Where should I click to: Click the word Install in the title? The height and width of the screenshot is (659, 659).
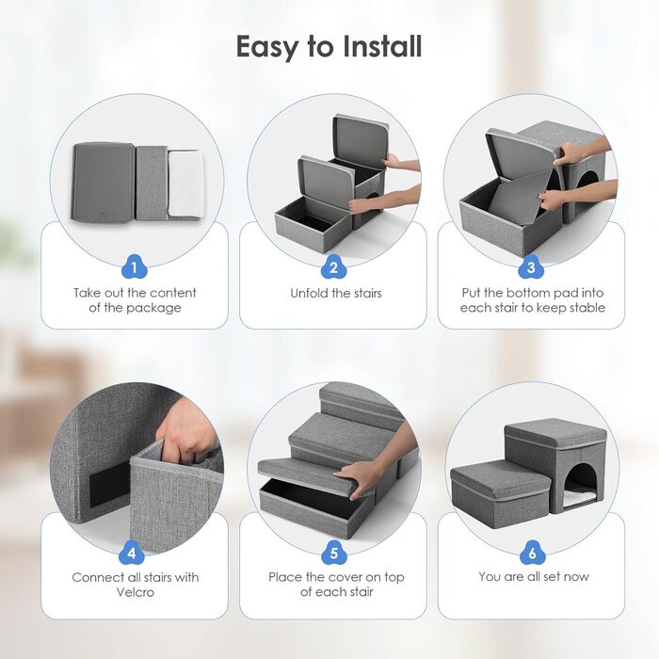[x=381, y=46]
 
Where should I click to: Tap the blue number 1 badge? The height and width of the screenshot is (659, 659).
[x=134, y=266]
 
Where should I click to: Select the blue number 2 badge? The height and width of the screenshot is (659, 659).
[x=333, y=266]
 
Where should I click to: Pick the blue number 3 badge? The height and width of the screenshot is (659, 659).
[x=531, y=266]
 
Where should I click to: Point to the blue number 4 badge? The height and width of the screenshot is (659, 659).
[x=132, y=553]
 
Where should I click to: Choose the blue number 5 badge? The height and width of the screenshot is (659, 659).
[x=333, y=553]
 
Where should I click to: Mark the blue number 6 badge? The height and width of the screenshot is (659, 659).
[x=533, y=553]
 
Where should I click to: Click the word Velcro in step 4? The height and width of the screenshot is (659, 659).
[x=136, y=592]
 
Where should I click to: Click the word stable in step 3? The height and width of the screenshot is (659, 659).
[x=587, y=308]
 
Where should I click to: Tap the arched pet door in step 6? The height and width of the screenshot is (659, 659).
[x=581, y=488]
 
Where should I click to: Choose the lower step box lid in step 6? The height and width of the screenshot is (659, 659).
[x=500, y=477]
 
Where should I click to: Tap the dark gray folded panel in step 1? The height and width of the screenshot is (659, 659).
[x=104, y=182]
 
